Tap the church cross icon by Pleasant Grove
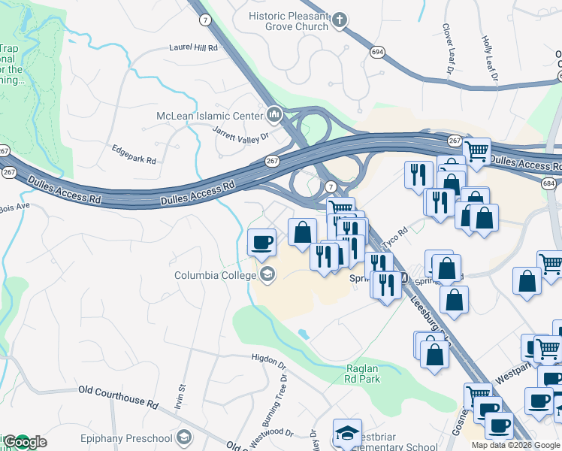click(x=340, y=20)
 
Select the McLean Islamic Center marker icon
click(x=273, y=115)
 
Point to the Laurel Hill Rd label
click(x=193, y=47)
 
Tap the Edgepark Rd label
click(x=133, y=160)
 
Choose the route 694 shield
click(x=377, y=51)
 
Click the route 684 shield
click(x=551, y=184)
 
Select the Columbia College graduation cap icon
click(x=267, y=275)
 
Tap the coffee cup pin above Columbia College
click(x=261, y=243)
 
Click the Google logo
click(x=24, y=442)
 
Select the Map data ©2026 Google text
click(x=516, y=445)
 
